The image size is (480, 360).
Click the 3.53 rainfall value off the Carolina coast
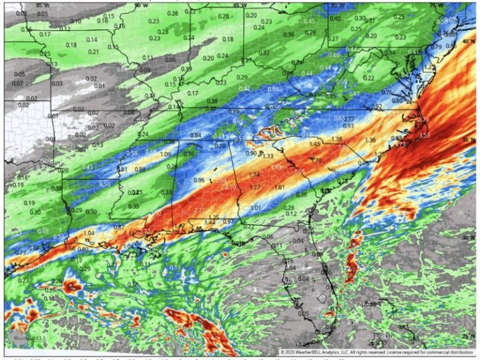424,135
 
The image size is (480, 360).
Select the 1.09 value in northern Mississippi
166,154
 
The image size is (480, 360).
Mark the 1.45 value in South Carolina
315,144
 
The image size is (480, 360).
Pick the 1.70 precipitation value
316,161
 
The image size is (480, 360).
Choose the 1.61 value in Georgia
279,187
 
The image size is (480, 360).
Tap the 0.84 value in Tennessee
196,136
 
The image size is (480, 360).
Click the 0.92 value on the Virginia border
376,107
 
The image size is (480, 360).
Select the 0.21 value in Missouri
94,51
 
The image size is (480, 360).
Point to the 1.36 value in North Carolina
371,140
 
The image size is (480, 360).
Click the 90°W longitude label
142,5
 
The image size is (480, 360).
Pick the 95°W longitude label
42,5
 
